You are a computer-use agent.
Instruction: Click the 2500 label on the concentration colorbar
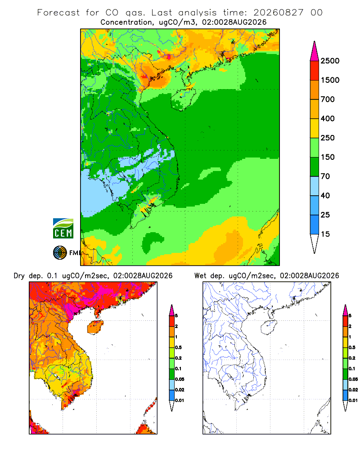[x=330, y=61]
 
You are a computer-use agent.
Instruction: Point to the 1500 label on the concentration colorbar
[x=330, y=80]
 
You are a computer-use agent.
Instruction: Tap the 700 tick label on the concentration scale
[x=328, y=99]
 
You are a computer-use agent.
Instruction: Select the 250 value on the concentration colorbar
[x=328, y=138]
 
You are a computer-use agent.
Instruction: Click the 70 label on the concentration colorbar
[x=325, y=176]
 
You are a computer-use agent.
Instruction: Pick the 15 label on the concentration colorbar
[x=325, y=234]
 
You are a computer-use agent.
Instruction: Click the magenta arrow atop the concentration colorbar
[x=315, y=51]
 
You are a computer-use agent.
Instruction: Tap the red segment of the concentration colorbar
[x=315, y=70]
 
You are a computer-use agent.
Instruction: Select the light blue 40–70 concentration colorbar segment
[x=315, y=186]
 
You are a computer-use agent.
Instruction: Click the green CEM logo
[x=63, y=229]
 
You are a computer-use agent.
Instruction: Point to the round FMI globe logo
[x=60, y=253]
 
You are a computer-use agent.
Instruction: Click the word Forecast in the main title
[x=58, y=13]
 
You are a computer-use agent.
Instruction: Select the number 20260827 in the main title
[x=278, y=13]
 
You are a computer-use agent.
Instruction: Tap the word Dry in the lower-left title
[x=19, y=276]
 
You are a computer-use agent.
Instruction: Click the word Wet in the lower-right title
[x=200, y=276]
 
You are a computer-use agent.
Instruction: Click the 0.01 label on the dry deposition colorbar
[x=180, y=400]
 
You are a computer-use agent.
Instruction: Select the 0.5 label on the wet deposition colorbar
[x=352, y=347]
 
